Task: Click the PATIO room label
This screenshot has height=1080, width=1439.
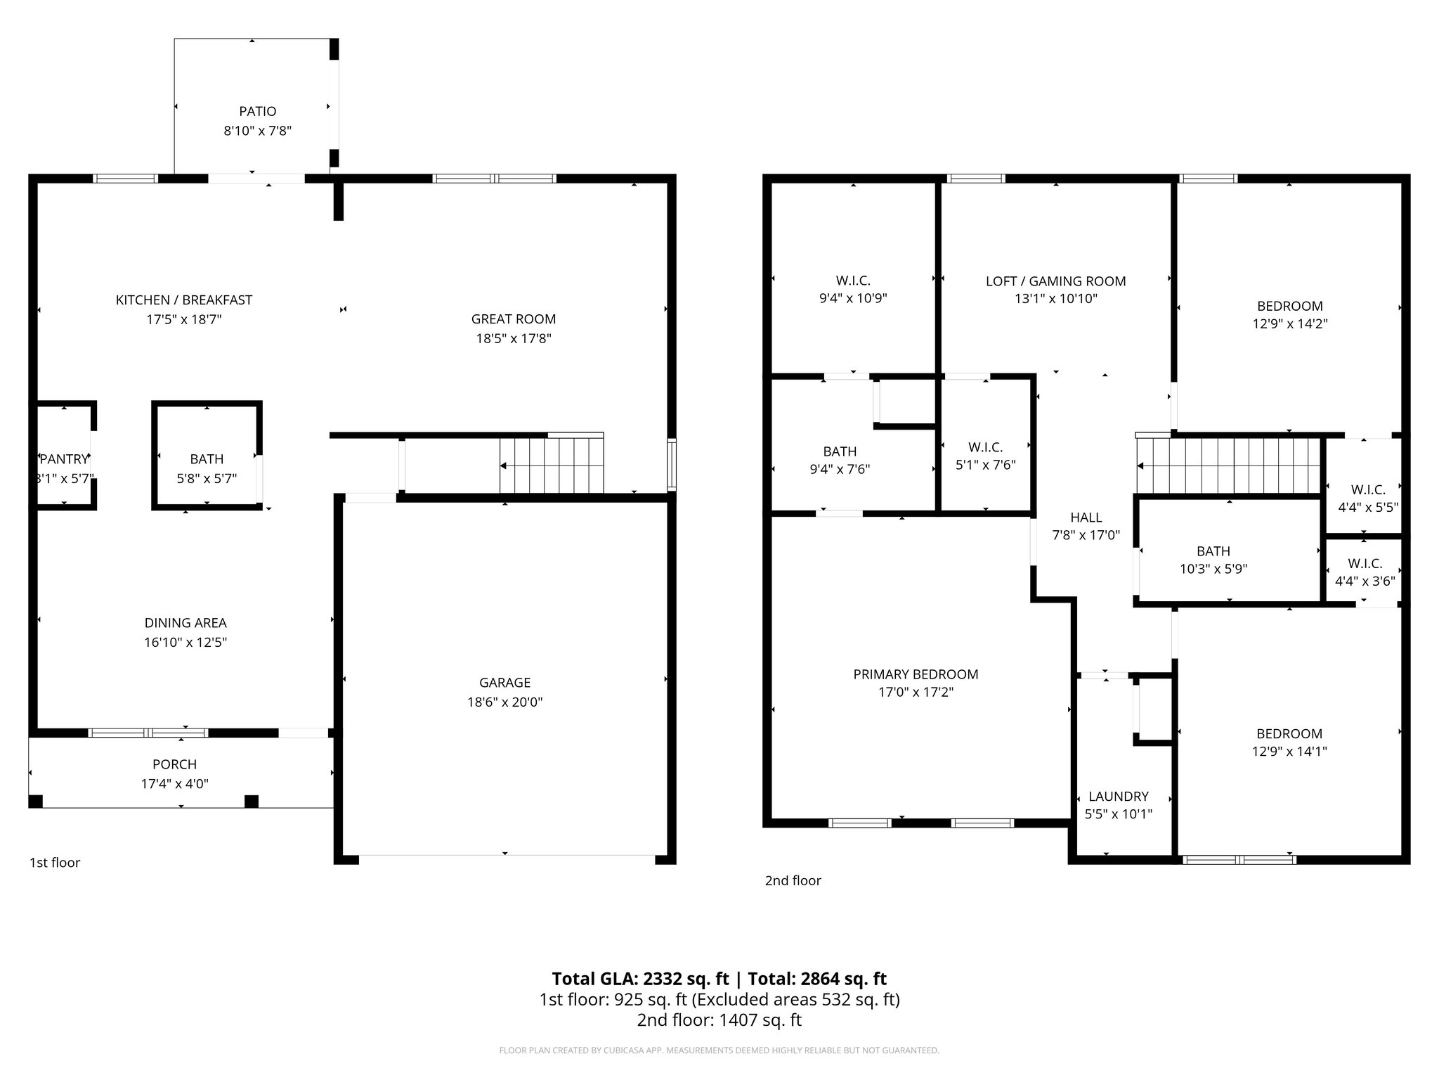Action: (257, 111)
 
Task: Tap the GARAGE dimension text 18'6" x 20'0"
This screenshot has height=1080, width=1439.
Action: (504, 702)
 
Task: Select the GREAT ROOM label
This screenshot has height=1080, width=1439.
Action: (513, 319)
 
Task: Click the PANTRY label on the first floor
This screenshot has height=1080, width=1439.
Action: (65, 459)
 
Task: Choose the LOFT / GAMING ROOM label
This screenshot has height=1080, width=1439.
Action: (1055, 281)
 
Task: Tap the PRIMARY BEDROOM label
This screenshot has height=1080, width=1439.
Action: (916, 674)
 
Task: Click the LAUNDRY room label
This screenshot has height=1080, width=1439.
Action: (1118, 796)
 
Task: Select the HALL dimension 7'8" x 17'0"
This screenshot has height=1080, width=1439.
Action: (1086, 535)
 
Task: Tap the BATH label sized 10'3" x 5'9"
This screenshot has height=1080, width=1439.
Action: (1213, 551)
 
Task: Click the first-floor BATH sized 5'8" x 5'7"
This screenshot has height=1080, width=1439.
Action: (207, 459)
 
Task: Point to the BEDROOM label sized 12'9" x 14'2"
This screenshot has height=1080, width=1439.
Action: (1289, 306)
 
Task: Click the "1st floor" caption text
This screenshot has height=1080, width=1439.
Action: (55, 863)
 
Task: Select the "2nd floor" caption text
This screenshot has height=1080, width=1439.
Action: (793, 880)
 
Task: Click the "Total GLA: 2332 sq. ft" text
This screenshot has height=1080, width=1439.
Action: (640, 979)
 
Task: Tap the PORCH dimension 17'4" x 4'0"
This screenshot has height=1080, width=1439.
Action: (174, 783)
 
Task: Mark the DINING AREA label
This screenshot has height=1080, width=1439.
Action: (185, 622)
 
